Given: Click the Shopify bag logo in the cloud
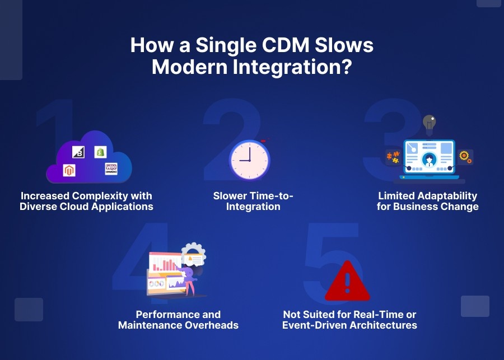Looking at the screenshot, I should click(100, 152).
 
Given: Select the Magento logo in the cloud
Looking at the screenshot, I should click(69, 171).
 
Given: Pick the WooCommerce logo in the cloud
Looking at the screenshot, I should click(111, 169).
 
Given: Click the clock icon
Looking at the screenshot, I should click(249, 160).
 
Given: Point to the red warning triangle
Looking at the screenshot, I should click(347, 282).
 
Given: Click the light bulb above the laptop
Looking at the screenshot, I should click(429, 123).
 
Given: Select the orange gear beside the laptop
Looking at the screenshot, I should click(464, 157).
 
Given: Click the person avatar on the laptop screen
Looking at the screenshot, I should click(429, 159).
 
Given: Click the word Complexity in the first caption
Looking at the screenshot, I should click(110, 196).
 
